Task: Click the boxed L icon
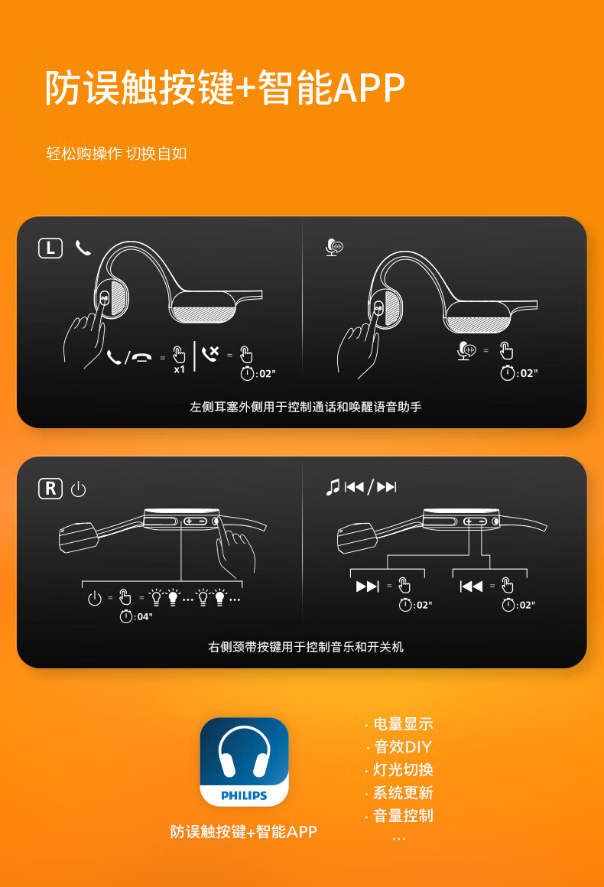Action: click(50, 248)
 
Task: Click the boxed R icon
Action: click(50, 488)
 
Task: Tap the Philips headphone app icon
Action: click(245, 762)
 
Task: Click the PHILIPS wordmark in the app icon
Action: click(245, 795)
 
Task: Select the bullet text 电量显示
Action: click(403, 724)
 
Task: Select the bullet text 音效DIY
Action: click(403, 747)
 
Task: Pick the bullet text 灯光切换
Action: click(403, 770)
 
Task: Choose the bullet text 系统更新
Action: click(403, 792)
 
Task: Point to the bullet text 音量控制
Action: click(403, 816)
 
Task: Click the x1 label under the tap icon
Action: click(179, 370)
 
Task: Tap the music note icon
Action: click(333, 486)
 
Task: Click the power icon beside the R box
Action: click(79, 489)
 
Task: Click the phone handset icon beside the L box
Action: click(83, 248)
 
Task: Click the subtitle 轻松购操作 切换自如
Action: click(116, 153)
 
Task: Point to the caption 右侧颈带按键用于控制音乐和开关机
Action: click(305, 647)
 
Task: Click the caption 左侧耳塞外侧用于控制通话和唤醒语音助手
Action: click(305, 407)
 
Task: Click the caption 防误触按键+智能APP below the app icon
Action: click(244, 832)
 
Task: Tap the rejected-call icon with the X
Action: click(210, 354)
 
